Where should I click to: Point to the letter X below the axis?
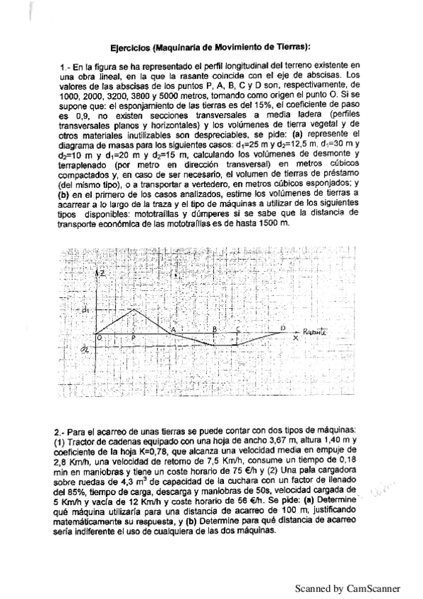[295, 338]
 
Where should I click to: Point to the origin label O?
[100, 338]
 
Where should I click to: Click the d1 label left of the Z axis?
[85, 309]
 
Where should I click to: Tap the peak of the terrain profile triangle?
[135, 309]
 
